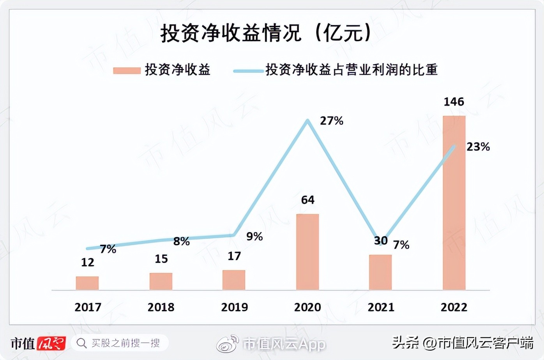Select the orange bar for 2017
[87, 283]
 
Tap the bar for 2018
[161, 281]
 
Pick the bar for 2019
[234, 280]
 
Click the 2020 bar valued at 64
[307, 252]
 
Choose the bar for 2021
[380, 272]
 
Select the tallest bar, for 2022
[454, 203]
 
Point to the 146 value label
[454, 102]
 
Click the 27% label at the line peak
[332, 121]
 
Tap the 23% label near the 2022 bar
[478, 147]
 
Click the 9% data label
[254, 236]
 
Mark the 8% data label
[182, 242]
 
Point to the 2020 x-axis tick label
[307, 307]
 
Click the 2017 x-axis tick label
[88, 307]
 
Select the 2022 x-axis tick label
[454, 307]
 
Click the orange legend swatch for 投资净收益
[127, 71]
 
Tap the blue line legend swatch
[248, 71]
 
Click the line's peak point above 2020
[308, 121]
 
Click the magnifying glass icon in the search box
[81, 343]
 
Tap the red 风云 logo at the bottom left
[51, 343]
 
